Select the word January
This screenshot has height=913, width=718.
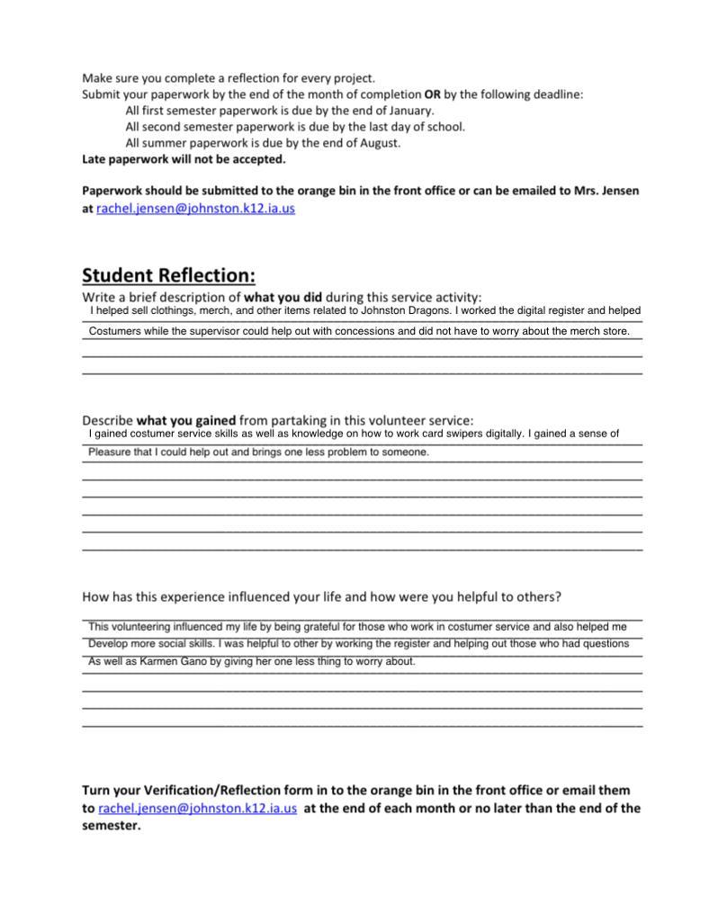click(x=411, y=111)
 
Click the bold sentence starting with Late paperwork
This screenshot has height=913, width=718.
click(x=184, y=159)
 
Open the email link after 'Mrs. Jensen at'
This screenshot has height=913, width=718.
click(x=195, y=209)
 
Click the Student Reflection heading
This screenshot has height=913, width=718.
click(x=168, y=274)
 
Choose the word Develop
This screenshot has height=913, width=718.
click(x=109, y=644)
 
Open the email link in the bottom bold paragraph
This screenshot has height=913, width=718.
click(x=197, y=809)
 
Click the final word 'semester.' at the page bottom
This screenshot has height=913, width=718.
click(x=112, y=827)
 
